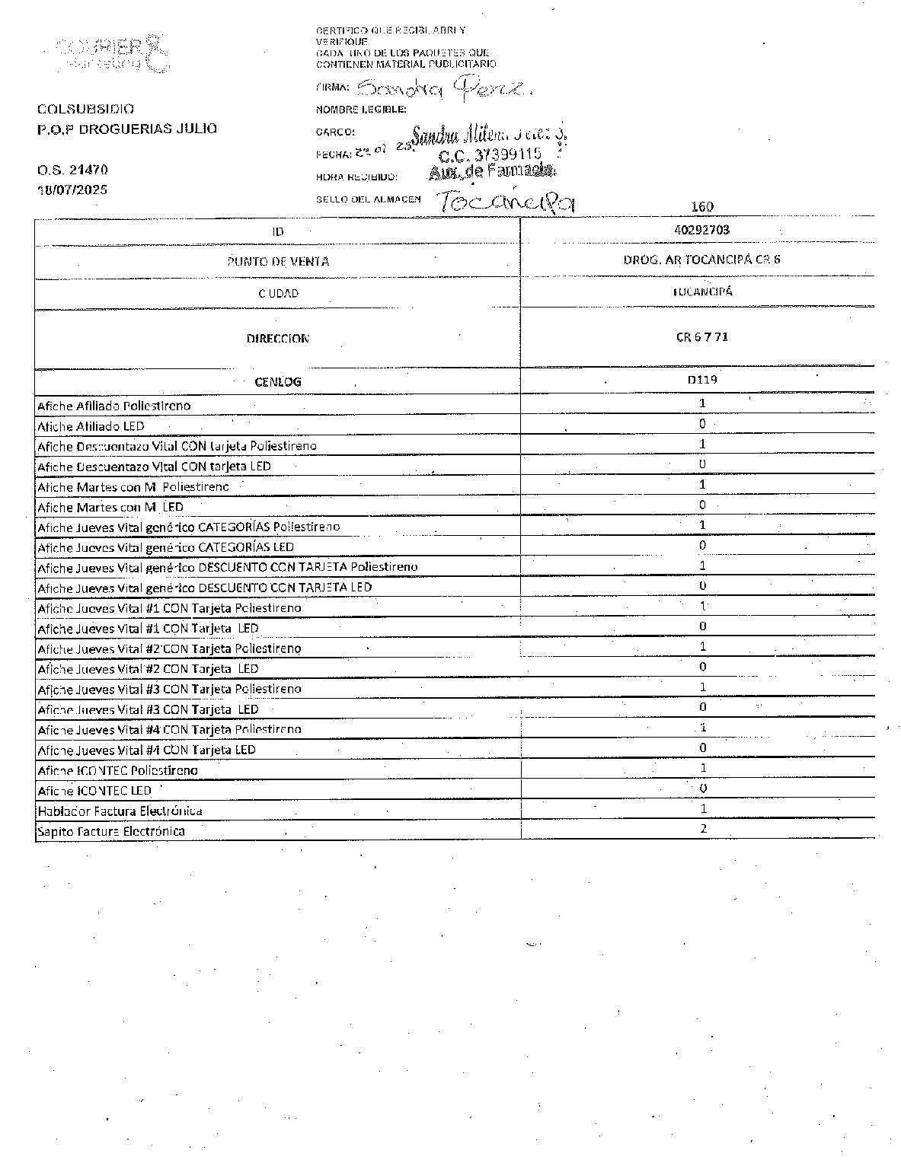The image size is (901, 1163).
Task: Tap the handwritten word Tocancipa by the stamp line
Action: pyautogui.click(x=506, y=201)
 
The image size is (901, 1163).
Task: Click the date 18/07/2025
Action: pyautogui.click(x=73, y=190)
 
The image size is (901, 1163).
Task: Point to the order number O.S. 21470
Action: pyautogui.click(x=72, y=170)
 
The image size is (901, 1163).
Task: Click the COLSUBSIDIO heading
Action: pyautogui.click(x=85, y=109)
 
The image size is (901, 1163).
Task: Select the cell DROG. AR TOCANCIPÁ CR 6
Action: pyautogui.click(x=701, y=260)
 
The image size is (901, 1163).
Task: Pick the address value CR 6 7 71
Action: pyautogui.click(x=701, y=336)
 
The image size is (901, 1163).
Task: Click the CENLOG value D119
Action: pyautogui.click(x=701, y=379)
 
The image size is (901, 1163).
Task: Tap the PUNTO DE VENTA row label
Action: pyautogui.click(x=278, y=262)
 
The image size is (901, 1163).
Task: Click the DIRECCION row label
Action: pyautogui.click(x=278, y=339)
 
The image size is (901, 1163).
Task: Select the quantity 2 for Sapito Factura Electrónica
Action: pyautogui.click(x=703, y=828)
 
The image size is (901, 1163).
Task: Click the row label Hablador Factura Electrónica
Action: pyautogui.click(x=120, y=811)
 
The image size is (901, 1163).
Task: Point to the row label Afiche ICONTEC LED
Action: pyautogui.click(x=94, y=791)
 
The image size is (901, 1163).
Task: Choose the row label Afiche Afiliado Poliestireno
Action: pyautogui.click(x=113, y=406)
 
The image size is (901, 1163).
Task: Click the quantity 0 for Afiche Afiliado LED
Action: pyautogui.click(x=702, y=424)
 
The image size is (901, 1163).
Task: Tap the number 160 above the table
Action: pyautogui.click(x=701, y=206)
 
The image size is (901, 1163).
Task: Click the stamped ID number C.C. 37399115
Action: pyautogui.click(x=490, y=155)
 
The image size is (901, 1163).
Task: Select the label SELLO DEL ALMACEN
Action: pyautogui.click(x=368, y=199)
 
